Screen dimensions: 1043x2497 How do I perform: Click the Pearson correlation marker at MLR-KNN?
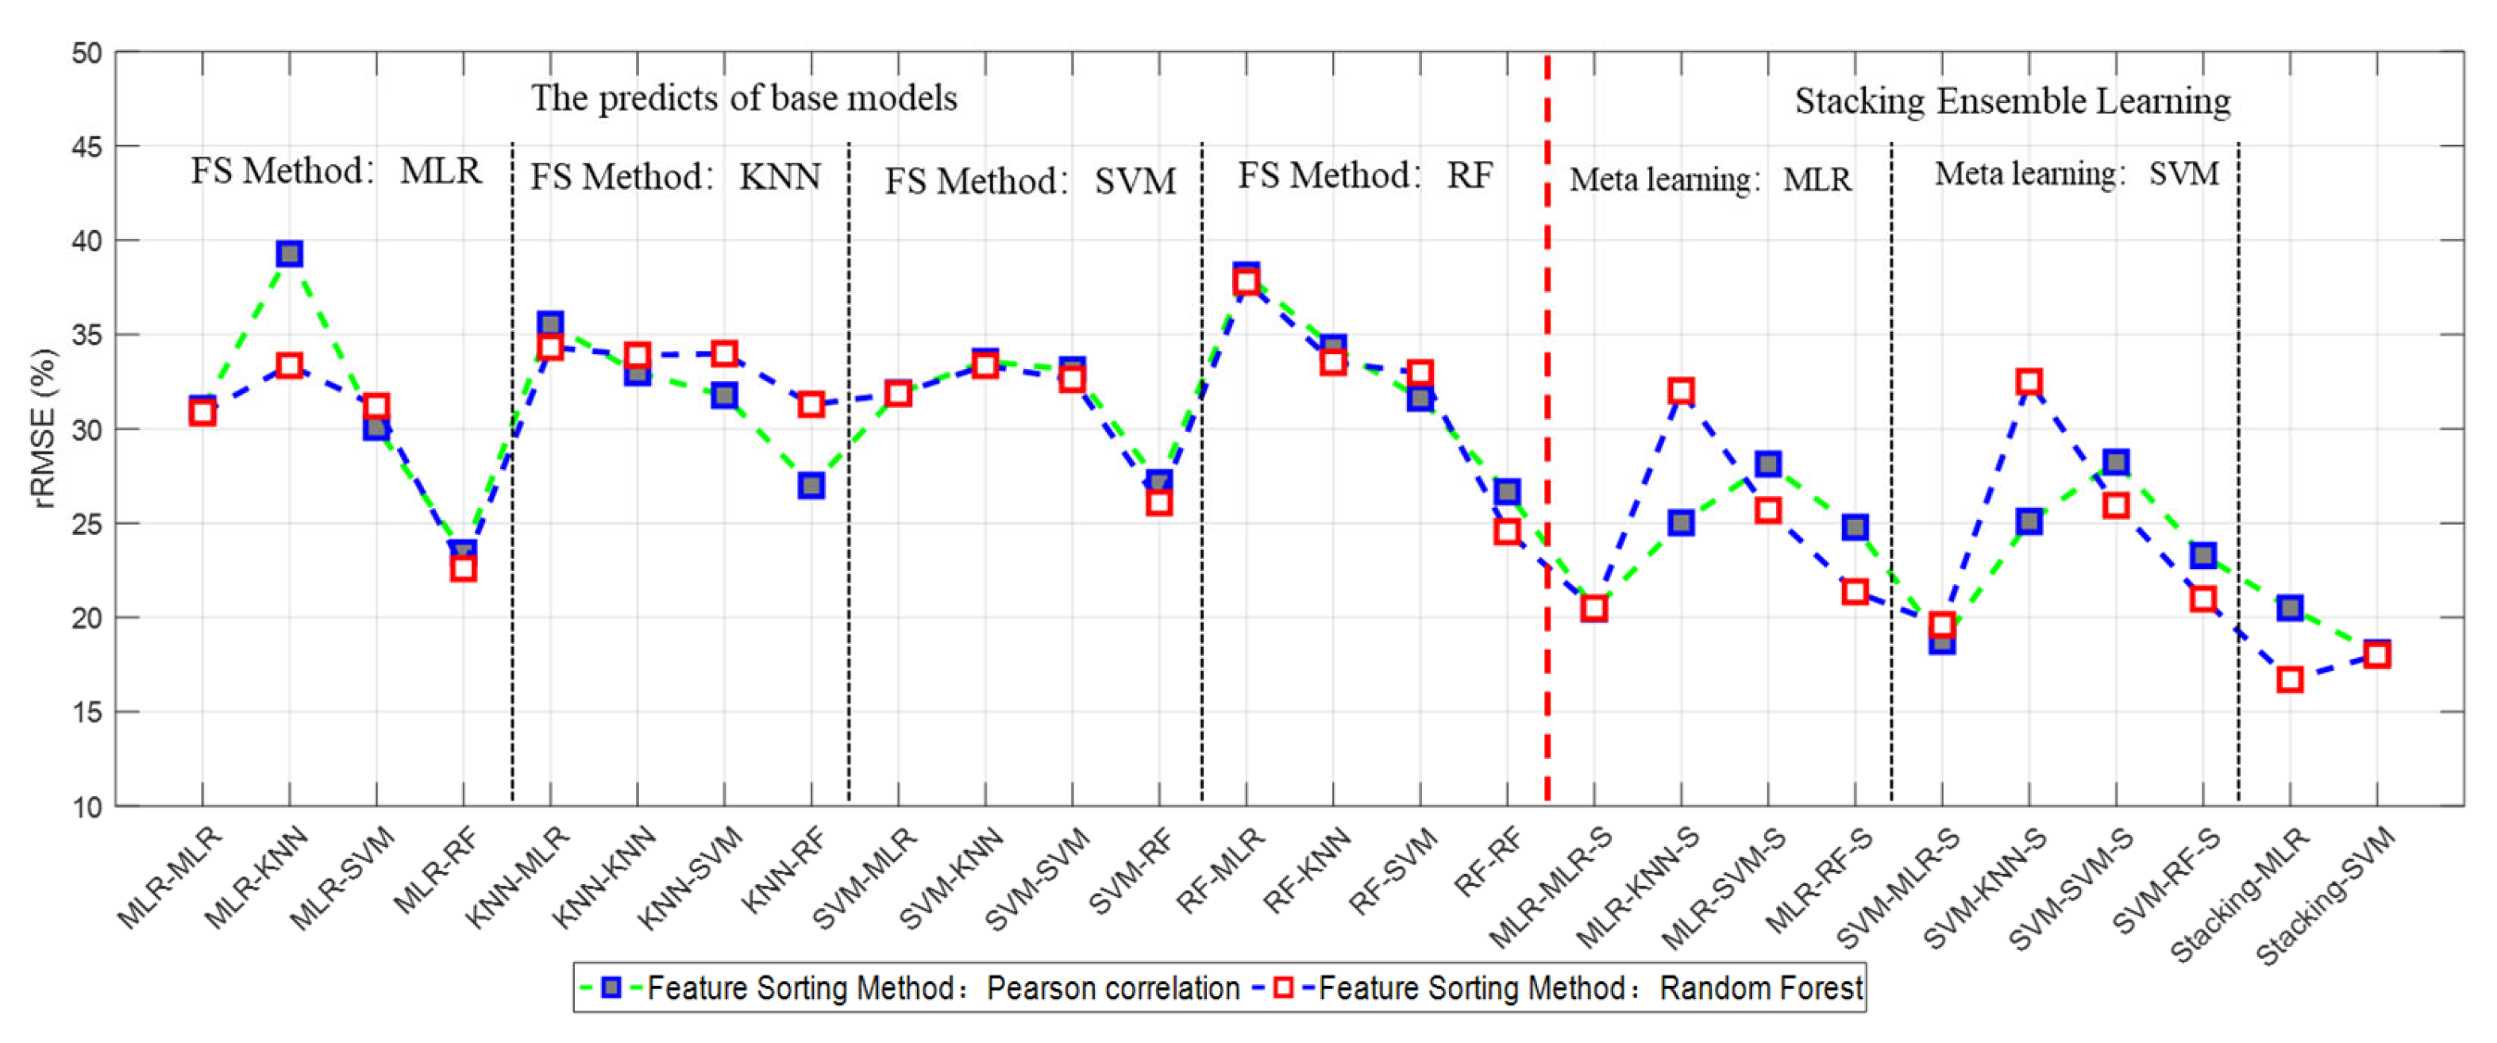pyautogui.click(x=289, y=254)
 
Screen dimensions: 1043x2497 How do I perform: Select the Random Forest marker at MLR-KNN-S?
pyautogui.click(x=1681, y=391)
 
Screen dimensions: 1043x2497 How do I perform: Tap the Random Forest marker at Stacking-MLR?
pyautogui.click(x=2290, y=679)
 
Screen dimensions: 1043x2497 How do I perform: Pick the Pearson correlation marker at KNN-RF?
pyautogui.click(x=811, y=485)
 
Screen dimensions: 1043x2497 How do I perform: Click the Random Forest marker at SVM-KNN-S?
pyautogui.click(x=2029, y=381)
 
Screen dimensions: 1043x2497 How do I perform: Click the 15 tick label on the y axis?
pyautogui.click(x=87, y=713)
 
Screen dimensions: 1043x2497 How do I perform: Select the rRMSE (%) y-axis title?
pyautogui.click(x=44, y=429)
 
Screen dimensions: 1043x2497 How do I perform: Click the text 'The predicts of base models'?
pyautogui.click(x=743, y=98)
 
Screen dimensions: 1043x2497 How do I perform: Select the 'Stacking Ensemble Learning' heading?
pyautogui.click(x=2013, y=101)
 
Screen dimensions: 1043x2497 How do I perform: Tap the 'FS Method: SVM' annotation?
pyautogui.click(x=1030, y=181)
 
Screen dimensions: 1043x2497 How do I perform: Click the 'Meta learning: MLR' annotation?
pyautogui.click(x=1710, y=179)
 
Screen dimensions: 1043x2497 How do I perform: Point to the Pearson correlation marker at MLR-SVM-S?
pyautogui.click(x=1768, y=464)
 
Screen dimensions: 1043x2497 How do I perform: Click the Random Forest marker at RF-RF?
pyautogui.click(x=1506, y=531)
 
